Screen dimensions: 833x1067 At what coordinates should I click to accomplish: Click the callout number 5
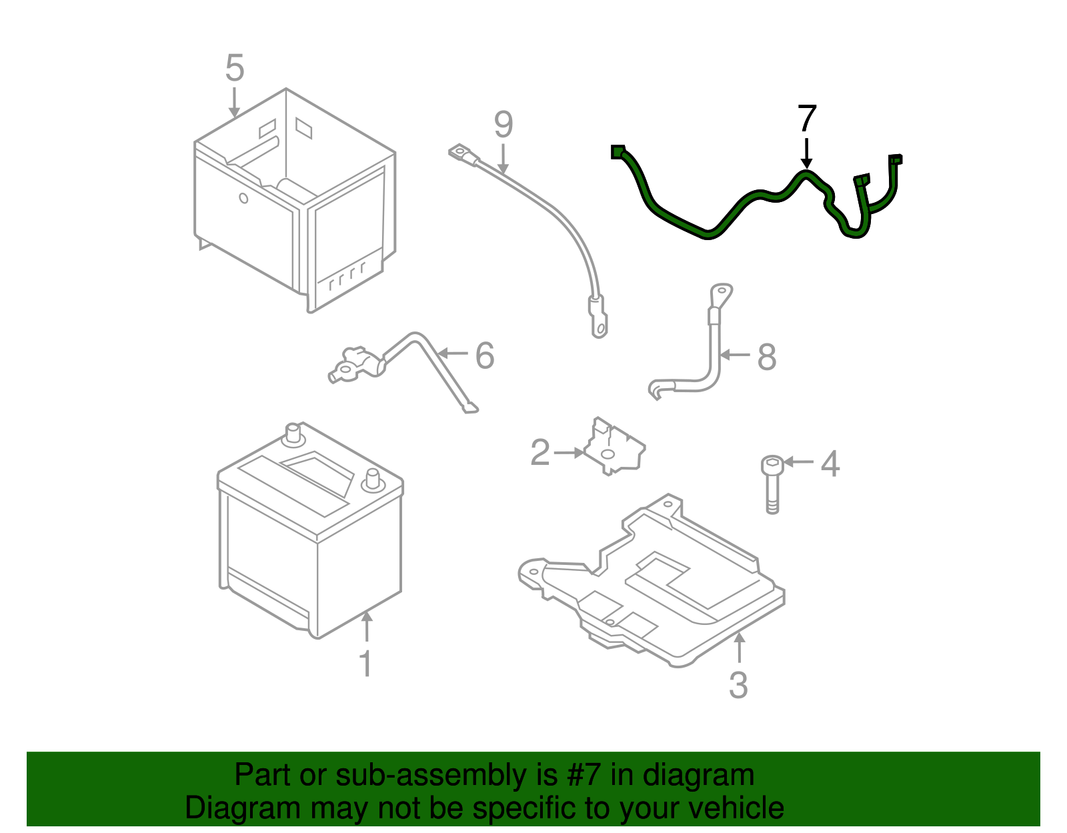235,68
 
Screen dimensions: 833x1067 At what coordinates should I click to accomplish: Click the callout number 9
503,125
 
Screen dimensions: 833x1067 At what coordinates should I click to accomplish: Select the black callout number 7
807,119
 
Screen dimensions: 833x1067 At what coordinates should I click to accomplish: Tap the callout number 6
485,355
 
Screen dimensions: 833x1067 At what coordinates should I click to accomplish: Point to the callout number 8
767,357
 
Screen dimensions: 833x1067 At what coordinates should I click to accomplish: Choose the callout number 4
830,464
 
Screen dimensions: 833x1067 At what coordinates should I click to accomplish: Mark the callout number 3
738,685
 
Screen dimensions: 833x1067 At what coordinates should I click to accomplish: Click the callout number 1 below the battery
365,664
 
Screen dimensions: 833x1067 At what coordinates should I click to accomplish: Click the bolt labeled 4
772,484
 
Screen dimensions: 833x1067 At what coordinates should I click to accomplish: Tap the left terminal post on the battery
292,434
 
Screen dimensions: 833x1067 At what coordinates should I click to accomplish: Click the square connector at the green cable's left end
617,152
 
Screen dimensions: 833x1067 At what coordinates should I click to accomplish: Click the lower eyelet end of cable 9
599,327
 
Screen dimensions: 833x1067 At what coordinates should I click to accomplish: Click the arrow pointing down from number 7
807,153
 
